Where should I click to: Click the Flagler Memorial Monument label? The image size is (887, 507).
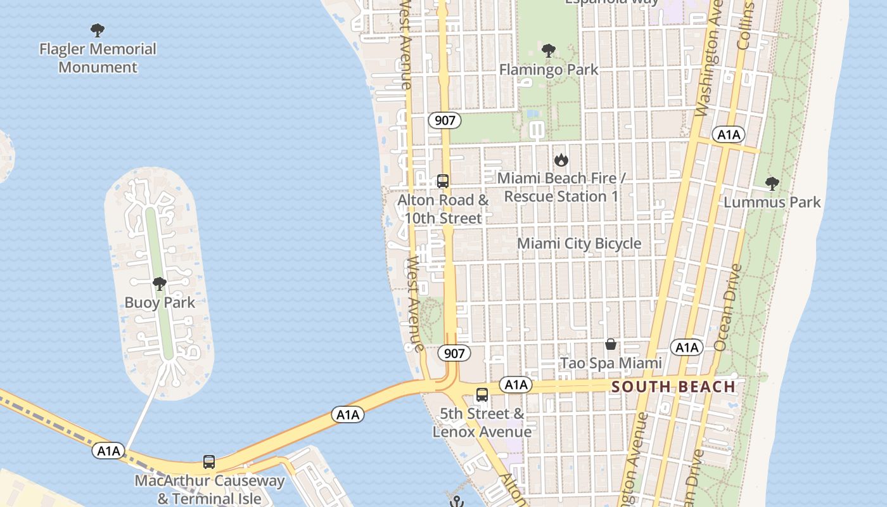(98, 58)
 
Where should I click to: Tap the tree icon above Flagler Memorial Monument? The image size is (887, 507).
(97, 30)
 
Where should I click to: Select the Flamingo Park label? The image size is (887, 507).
(549, 69)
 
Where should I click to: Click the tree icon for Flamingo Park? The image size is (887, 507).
(549, 50)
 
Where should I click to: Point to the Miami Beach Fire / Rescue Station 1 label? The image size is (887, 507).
(561, 188)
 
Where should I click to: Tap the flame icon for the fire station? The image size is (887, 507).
(561, 160)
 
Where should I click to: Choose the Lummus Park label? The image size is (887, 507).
(772, 202)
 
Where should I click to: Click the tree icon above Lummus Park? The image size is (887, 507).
(772, 184)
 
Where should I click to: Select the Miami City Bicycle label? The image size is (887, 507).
(579, 243)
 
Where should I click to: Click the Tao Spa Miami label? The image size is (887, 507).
(611, 363)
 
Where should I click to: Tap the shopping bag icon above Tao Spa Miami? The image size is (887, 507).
(611, 344)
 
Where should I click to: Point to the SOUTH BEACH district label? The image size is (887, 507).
(674, 387)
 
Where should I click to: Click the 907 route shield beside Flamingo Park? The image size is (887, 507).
(445, 120)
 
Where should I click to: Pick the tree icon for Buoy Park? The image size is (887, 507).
(160, 283)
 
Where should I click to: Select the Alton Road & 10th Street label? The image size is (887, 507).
(443, 209)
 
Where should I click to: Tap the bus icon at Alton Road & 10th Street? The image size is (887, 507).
(443, 181)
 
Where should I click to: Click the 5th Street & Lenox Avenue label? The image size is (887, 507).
(482, 423)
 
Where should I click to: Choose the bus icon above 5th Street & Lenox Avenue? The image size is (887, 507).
(482, 395)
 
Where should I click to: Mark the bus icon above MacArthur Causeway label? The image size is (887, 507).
(209, 461)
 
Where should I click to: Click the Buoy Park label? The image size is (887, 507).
(160, 302)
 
